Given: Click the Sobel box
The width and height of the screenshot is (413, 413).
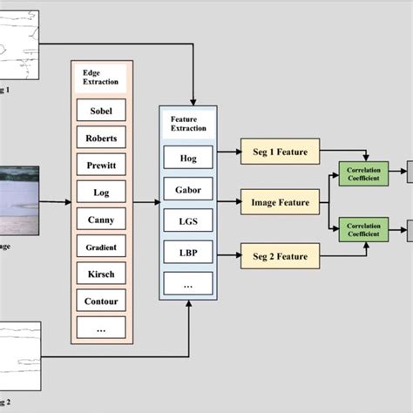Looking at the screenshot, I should coord(101,110).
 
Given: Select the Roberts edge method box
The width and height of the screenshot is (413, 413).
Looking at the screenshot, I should coord(101,137).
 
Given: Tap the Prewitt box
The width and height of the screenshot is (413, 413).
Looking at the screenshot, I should coord(101,164).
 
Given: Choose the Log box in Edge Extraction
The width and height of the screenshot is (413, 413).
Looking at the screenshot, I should coord(101,191).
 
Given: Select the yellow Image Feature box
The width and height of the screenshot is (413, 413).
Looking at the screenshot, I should coord(280,203).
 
